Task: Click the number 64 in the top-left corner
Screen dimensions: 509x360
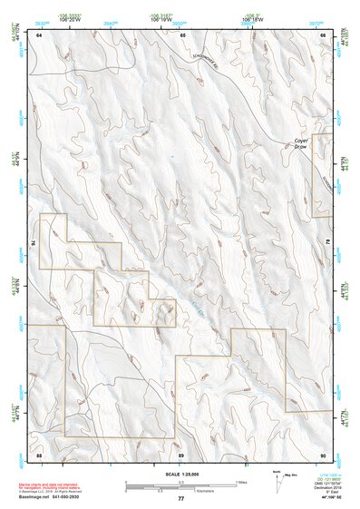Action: tap(39, 34)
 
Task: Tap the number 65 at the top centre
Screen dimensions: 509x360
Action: tap(182, 34)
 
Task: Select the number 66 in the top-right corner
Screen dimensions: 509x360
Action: tap(324, 34)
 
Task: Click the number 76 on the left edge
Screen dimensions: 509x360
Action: tap(34, 243)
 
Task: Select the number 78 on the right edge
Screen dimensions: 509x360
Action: tap(327, 243)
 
